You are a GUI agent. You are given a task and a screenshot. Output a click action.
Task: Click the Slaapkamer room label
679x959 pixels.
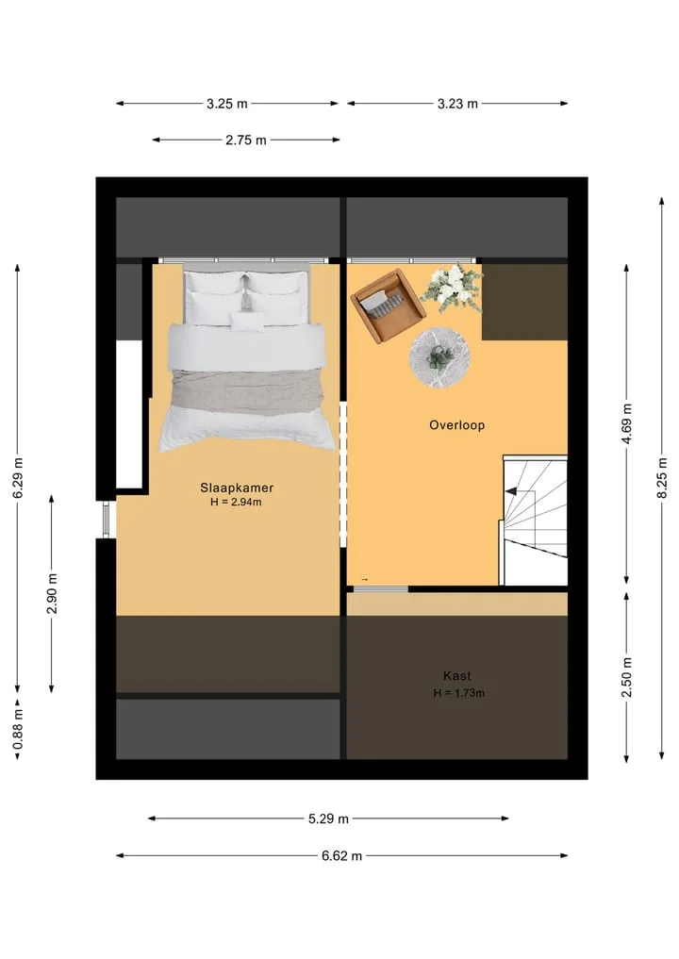point(236,488)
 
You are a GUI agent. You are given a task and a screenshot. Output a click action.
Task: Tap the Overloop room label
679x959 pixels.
point(457,425)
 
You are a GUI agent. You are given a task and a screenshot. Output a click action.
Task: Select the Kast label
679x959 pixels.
point(457,676)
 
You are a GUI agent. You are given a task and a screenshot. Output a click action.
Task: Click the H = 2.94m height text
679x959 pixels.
point(236,502)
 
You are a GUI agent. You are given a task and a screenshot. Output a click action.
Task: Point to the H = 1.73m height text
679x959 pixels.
point(458,693)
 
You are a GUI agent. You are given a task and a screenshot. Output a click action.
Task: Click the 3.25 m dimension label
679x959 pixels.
point(227,104)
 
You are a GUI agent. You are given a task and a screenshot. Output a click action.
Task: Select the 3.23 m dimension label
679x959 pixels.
point(457,104)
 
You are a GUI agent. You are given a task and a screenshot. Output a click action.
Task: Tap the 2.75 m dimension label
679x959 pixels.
point(246,141)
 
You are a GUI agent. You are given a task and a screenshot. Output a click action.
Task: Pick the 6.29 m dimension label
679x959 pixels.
point(18,478)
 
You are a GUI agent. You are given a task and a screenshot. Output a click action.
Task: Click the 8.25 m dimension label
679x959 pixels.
point(662,478)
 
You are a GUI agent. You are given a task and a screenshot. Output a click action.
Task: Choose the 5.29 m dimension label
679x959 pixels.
point(328,818)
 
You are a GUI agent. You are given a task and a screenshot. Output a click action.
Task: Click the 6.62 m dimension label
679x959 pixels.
point(342,856)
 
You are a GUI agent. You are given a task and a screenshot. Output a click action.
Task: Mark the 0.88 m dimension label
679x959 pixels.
point(18,729)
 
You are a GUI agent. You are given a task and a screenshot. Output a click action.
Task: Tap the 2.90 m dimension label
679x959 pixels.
point(52,594)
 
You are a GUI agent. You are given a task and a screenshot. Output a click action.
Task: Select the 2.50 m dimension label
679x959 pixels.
point(627,678)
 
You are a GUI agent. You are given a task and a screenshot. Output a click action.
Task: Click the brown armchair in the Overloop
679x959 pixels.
point(388,306)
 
